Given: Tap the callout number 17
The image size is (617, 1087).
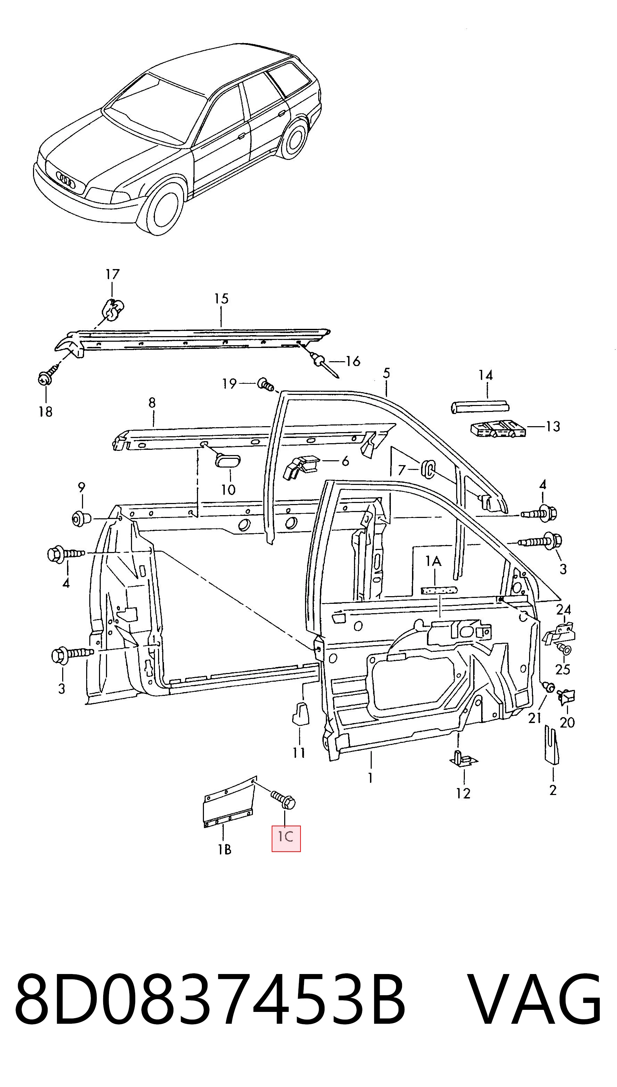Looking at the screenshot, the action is tap(112, 275).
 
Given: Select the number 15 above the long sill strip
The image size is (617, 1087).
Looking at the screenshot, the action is tap(221, 299).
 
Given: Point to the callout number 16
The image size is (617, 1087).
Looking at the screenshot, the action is tap(352, 361).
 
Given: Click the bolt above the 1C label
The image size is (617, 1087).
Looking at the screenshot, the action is tap(283, 800).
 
